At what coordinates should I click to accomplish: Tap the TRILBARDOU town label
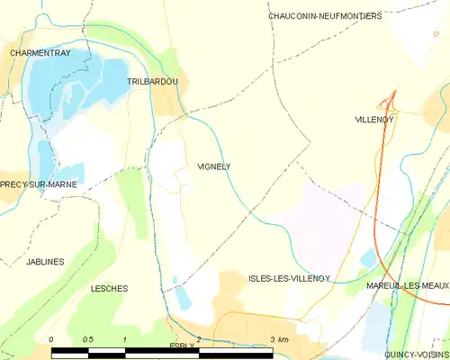pyautogui.click(x=152, y=82)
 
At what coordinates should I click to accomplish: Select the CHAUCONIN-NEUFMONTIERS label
pyautogui.click(x=325, y=16)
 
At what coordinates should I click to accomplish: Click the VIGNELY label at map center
pyautogui.click(x=213, y=166)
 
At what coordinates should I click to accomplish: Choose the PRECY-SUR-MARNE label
pyautogui.click(x=38, y=184)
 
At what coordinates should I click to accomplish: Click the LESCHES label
pyautogui.click(x=109, y=289)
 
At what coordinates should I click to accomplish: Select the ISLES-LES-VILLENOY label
pyautogui.click(x=289, y=279)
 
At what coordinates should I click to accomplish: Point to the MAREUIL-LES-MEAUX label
pyautogui.click(x=408, y=285)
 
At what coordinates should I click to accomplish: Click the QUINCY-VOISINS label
pyautogui.click(x=417, y=355)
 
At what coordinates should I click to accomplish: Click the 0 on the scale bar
pyautogui.click(x=52, y=339)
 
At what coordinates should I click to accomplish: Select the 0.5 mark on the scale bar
pyautogui.click(x=87, y=339)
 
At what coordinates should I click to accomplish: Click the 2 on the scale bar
pyautogui.click(x=198, y=339)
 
